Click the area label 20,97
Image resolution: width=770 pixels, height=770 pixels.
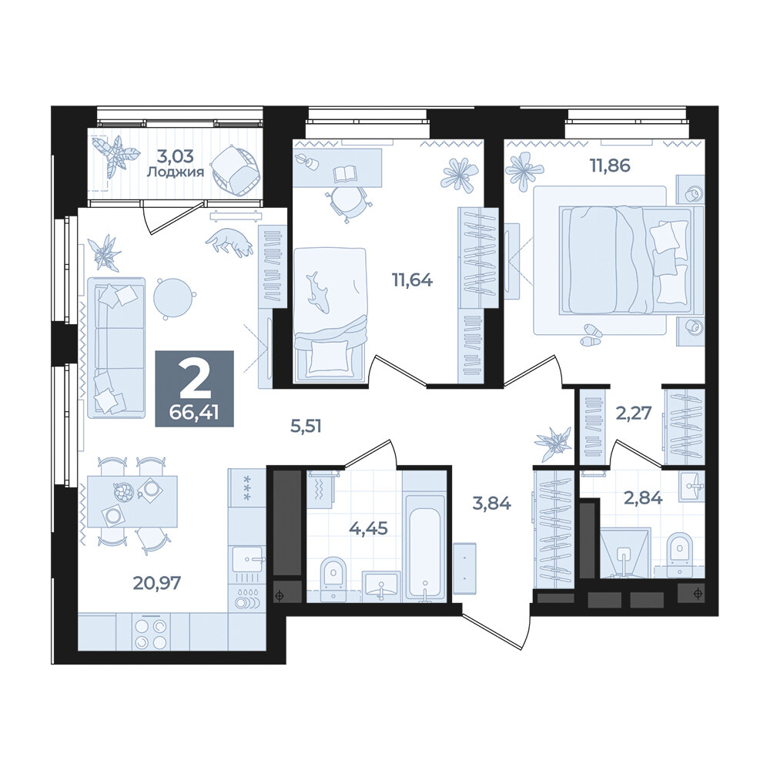pyautogui.click(x=156, y=583)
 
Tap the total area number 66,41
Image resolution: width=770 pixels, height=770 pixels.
pyautogui.click(x=194, y=413)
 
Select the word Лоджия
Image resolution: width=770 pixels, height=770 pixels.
pyautogui.click(x=176, y=172)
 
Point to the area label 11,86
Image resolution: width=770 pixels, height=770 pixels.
pyautogui.click(x=610, y=166)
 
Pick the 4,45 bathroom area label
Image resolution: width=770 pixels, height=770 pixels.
pyautogui.click(x=368, y=528)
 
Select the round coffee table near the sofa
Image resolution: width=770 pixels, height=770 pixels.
pyautogui.click(x=172, y=297)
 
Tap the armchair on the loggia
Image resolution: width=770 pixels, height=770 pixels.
pyautogui.click(x=235, y=170)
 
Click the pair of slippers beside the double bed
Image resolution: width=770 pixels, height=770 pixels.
pyautogui.click(x=590, y=334)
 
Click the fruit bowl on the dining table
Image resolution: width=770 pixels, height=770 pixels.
pyautogui.click(x=123, y=492)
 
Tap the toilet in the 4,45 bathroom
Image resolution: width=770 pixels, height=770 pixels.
pyautogui.click(x=334, y=578)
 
